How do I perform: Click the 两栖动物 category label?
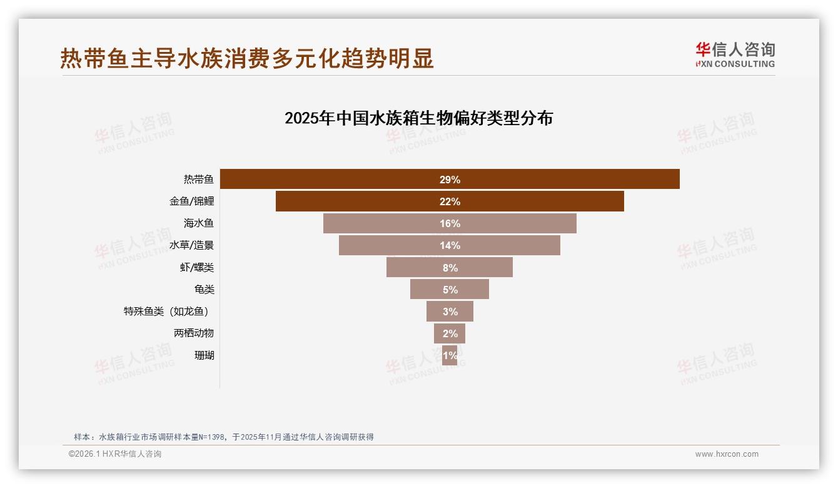(x=194, y=333)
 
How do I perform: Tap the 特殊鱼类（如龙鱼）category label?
(x=167, y=311)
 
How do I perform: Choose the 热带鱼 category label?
(x=199, y=180)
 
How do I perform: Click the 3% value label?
(x=450, y=312)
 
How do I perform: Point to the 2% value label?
(x=450, y=333)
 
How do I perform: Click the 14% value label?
(x=450, y=245)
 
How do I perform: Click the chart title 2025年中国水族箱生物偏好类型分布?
(x=418, y=118)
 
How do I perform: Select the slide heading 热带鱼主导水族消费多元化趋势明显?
(x=247, y=58)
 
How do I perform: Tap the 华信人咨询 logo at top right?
(x=735, y=54)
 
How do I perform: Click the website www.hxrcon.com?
(x=727, y=454)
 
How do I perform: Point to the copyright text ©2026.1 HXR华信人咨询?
(x=115, y=454)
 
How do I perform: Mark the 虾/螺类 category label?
(x=197, y=267)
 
